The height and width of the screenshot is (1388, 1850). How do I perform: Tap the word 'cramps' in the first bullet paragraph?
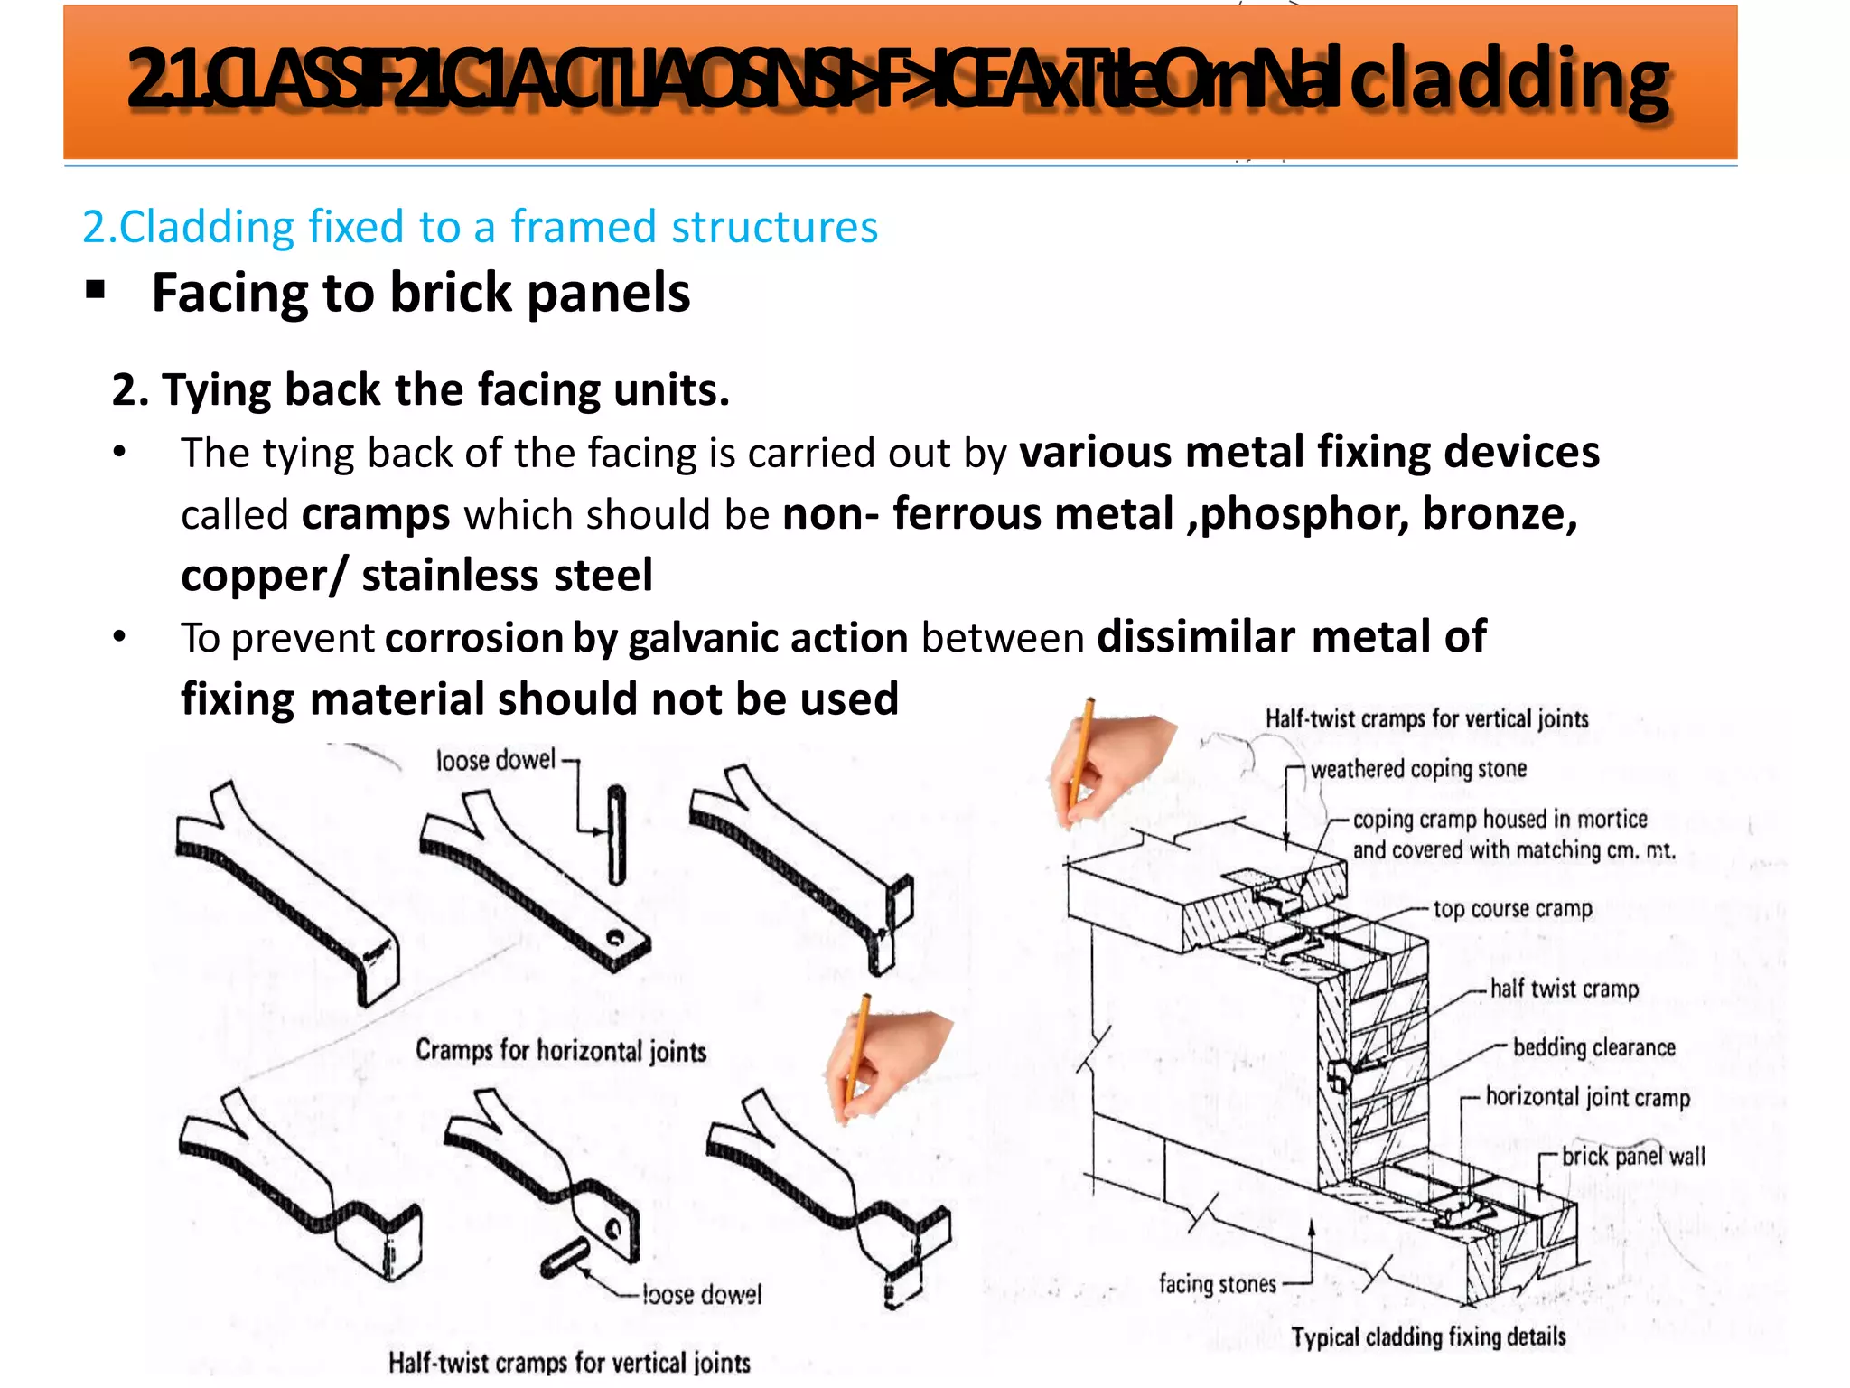click(x=376, y=515)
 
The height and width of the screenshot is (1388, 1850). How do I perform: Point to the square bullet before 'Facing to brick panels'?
click(x=96, y=291)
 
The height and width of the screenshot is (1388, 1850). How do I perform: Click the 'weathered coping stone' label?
click(x=1418, y=769)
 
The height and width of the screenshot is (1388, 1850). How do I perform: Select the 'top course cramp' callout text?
click(x=1512, y=909)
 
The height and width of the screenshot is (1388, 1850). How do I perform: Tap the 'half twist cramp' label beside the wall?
click(x=1564, y=989)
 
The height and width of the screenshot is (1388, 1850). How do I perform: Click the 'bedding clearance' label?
click(x=1593, y=1047)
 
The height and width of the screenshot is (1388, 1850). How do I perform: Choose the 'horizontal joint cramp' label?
click(x=1587, y=1097)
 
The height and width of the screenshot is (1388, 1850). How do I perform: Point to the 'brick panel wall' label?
click(x=1633, y=1157)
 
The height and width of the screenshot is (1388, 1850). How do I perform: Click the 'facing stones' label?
click(x=1217, y=1284)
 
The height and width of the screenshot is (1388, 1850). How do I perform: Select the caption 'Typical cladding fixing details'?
click(x=1428, y=1337)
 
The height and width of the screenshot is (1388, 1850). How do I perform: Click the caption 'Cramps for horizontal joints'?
click(x=560, y=1051)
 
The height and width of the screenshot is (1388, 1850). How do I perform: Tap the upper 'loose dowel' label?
click(x=495, y=760)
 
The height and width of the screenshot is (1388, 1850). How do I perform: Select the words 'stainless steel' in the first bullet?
click(x=507, y=577)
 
